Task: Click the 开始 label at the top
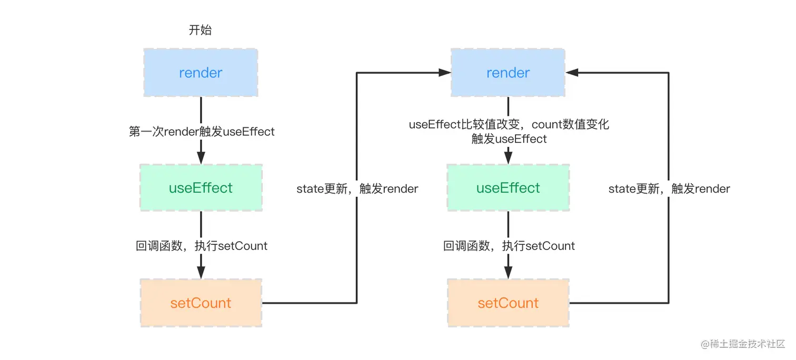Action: click(x=200, y=30)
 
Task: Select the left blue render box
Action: click(x=201, y=73)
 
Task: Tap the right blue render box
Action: click(x=508, y=73)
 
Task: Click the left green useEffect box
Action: click(x=201, y=188)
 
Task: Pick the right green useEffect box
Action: click(x=508, y=188)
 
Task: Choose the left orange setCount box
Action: click(x=201, y=303)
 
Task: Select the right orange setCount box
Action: click(x=508, y=303)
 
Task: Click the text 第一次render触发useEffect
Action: click(x=202, y=132)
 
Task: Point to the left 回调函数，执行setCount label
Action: click(x=202, y=246)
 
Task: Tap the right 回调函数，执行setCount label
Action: click(x=509, y=246)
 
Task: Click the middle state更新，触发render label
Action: click(x=357, y=189)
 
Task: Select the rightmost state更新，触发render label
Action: click(x=669, y=189)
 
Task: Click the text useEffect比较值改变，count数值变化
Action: click(x=509, y=125)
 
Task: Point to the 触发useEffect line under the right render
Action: click(x=509, y=139)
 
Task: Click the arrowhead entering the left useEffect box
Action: click(x=201, y=158)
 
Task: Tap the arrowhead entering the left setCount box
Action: click(x=201, y=273)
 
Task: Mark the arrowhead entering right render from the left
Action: click(x=444, y=73)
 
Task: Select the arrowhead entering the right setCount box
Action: click(x=508, y=273)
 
